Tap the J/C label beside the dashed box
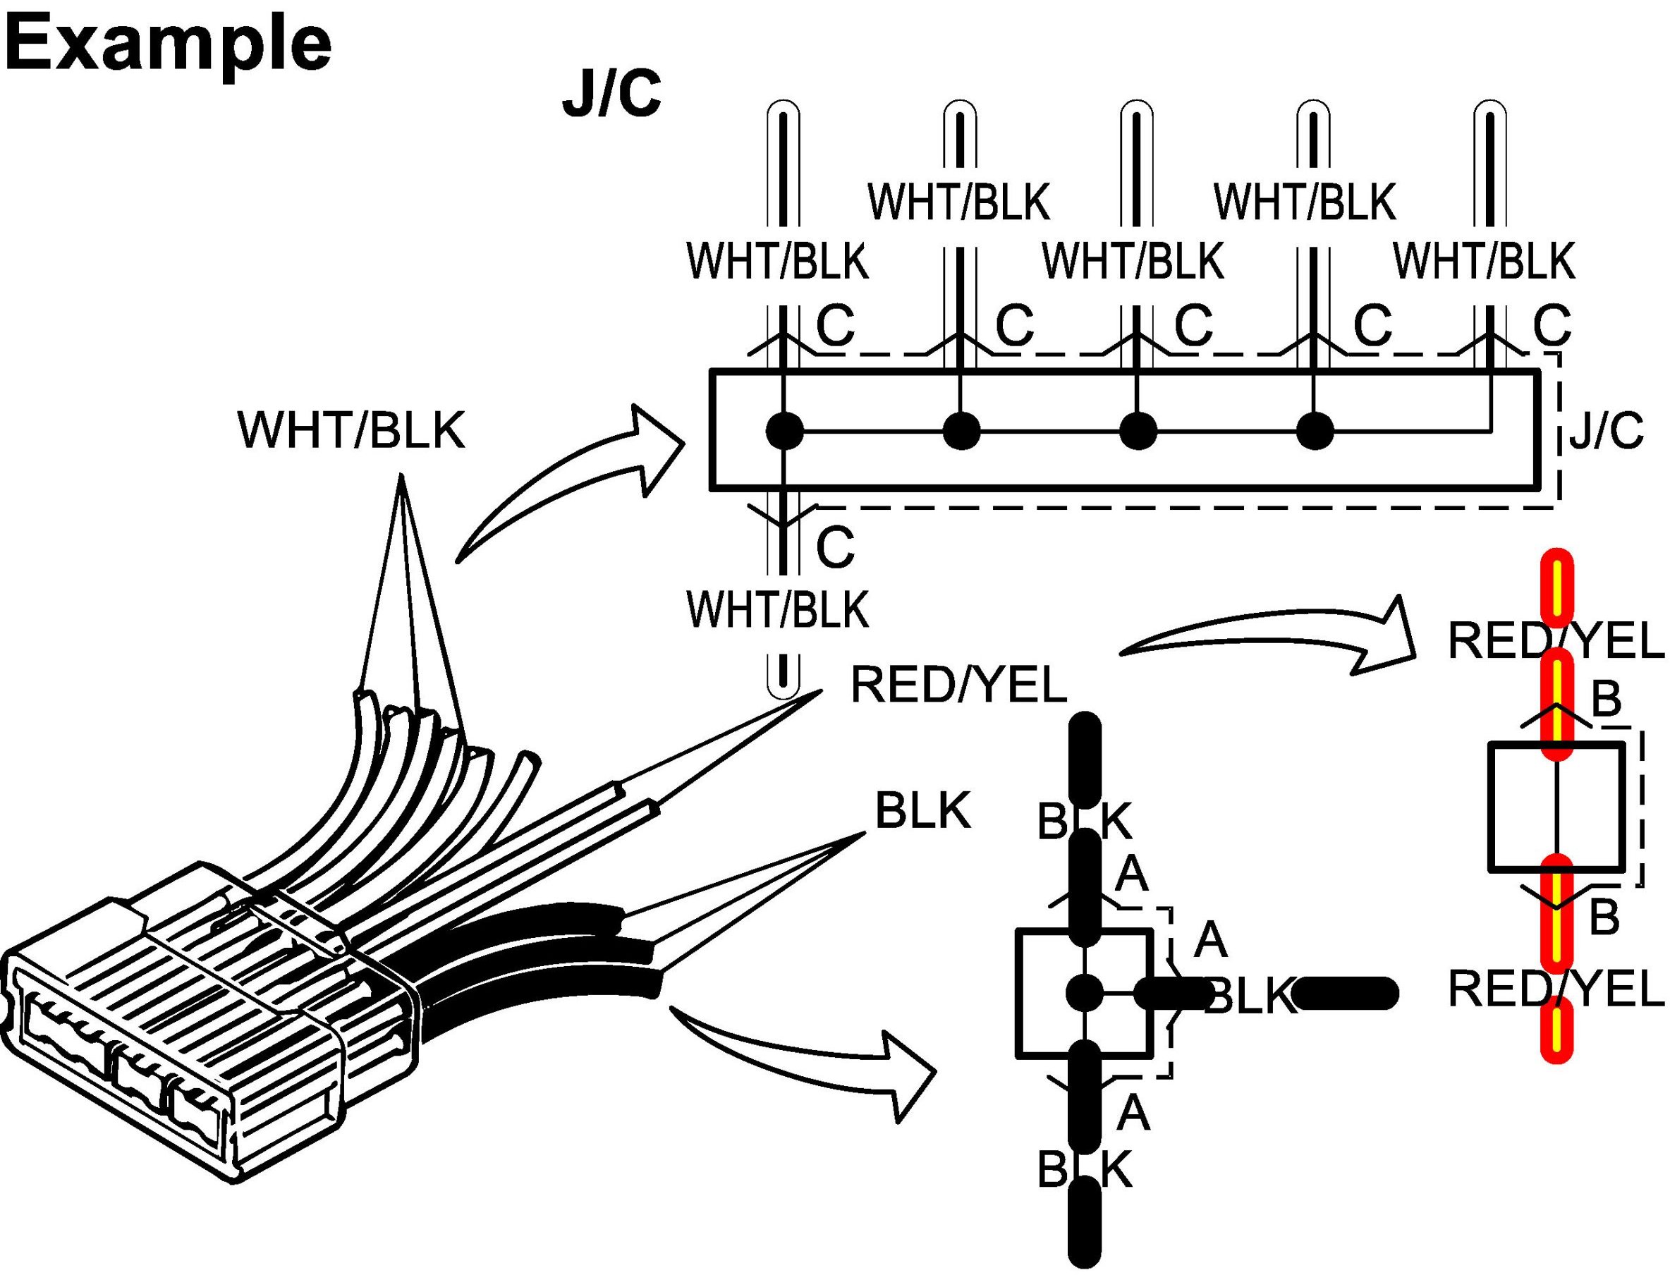pos(1607,430)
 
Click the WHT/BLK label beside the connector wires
pos(351,430)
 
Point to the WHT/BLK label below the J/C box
pos(778,609)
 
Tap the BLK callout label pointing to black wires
pos(922,810)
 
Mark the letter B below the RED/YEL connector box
pos(1604,917)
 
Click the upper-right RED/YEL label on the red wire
pos(1556,642)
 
